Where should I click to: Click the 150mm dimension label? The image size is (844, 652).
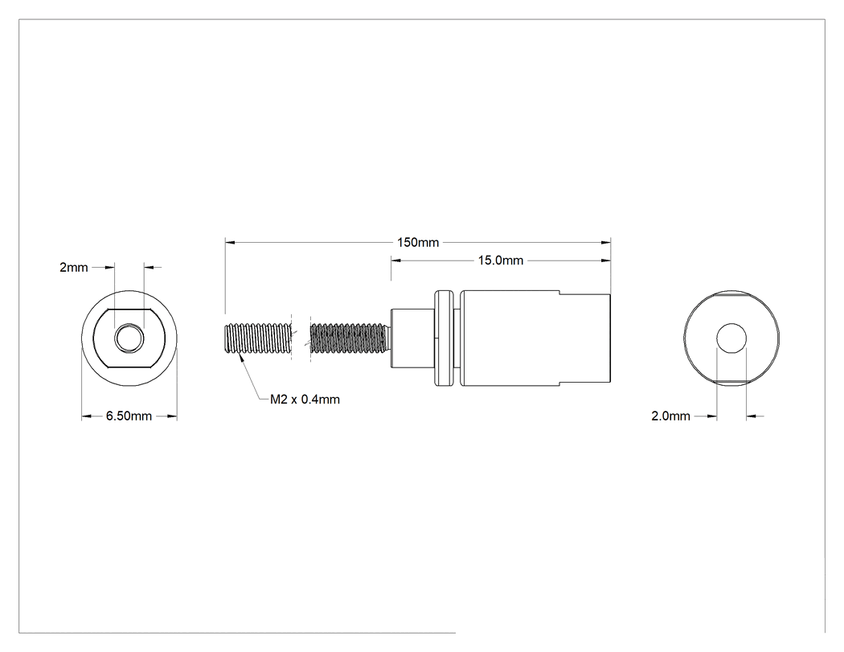click(x=418, y=242)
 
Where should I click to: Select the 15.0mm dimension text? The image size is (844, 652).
click(x=501, y=260)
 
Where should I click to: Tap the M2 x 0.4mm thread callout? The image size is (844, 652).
click(x=305, y=400)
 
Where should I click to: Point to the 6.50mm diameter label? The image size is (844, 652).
click(x=129, y=416)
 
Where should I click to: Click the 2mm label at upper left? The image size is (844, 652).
click(x=74, y=267)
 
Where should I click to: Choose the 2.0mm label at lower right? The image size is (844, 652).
click(x=670, y=416)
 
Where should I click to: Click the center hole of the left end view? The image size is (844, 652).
click(x=129, y=338)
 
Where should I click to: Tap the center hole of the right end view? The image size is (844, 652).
click(x=731, y=338)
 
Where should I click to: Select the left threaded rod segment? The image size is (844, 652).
click(x=257, y=338)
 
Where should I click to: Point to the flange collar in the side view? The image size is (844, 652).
click(x=445, y=338)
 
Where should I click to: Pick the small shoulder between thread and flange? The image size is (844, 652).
click(x=412, y=338)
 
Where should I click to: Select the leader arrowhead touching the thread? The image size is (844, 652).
click(x=242, y=359)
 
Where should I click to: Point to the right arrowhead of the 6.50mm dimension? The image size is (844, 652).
click(x=172, y=416)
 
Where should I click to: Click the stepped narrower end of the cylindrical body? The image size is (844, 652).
click(x=585, y=338)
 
